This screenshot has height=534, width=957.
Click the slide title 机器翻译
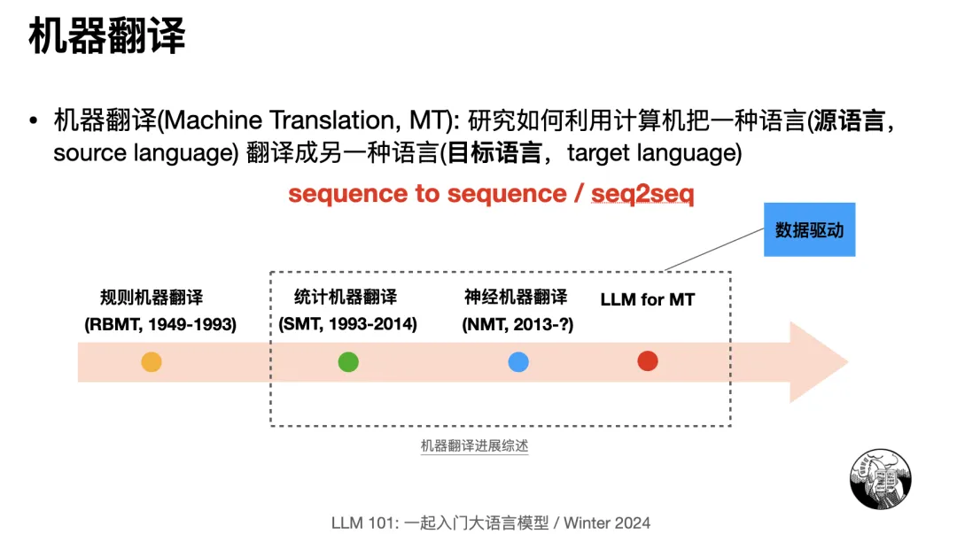[107, 37]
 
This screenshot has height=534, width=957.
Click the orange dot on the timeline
[152, 361]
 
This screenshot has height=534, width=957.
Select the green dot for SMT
[348, 361]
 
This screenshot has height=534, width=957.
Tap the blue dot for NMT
[518, 361]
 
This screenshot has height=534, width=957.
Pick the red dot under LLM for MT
[648, 361]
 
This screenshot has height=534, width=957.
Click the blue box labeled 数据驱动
[809, 230]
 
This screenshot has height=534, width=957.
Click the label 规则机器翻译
[152, 298]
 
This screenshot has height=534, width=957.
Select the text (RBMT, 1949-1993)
[160, 324]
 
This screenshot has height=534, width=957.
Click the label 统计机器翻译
[346, 297]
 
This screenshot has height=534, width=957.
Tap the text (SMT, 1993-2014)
[347, 324]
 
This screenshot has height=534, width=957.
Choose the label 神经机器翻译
[516, 297]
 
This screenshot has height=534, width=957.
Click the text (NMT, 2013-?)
[517, 324]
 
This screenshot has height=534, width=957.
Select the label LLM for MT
[647, 299]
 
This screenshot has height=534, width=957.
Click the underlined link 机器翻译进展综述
[474, 446]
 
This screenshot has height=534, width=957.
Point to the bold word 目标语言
[494, 152]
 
